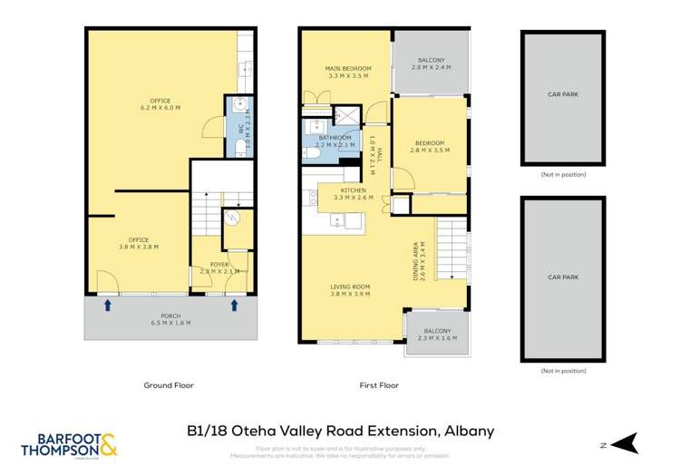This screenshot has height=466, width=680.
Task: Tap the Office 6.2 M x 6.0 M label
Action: (x=160, y=104)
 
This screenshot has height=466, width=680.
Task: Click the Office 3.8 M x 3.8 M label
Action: (x=138, y=244)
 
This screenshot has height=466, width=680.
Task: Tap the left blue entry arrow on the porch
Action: (x=108, y=306)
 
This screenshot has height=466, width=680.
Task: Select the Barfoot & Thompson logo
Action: (x=70, y=443)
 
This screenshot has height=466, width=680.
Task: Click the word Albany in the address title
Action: (x=469, y=431)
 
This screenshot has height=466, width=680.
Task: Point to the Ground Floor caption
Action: (x=169, y=385)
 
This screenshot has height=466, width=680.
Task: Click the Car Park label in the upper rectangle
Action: (x=563, y=93)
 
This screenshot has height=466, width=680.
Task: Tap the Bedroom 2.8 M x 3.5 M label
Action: (x=430, y=147)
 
